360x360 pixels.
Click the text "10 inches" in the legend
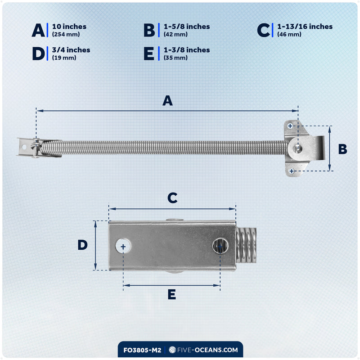click(69, 27)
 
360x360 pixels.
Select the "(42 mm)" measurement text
click(175, 35)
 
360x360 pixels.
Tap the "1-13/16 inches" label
click(305, 27)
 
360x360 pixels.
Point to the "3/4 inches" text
click(71, 50)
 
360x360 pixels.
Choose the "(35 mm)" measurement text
click(175, 58)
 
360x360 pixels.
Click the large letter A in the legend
click(38, 30)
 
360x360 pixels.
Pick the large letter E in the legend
click(149, 54)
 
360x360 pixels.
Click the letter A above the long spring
click(167, 100)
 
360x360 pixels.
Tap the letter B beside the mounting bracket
click(342, 149)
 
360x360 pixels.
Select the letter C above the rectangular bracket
click(172, 198)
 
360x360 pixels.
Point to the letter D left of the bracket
click(83, 245)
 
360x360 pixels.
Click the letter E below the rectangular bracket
click(172, 294)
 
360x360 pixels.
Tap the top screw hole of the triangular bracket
click(290, 126)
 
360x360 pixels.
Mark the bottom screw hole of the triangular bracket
click(292, 171)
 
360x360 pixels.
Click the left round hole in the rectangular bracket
click(123, 246)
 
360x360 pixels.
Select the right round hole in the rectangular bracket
click(220, 246)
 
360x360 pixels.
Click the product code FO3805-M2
click(142, 350)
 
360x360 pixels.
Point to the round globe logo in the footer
click(172, 350)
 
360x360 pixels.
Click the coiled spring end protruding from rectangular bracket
click(246, 245)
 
